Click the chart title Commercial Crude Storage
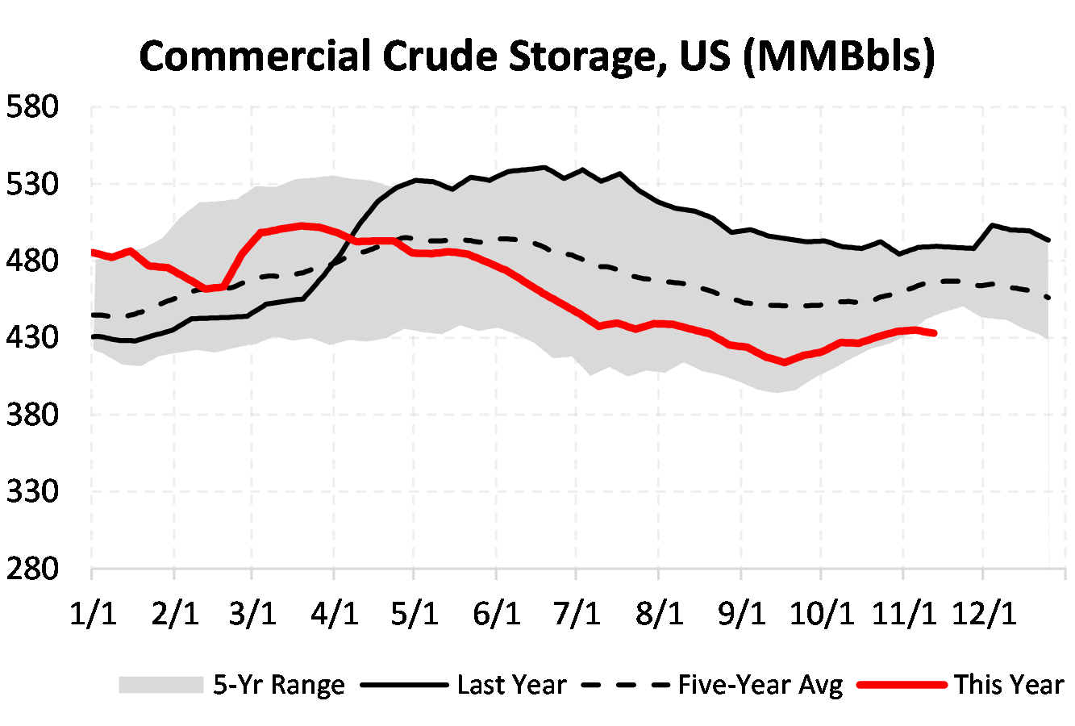click(x=536, y=56)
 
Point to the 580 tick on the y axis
click(x=33, y=106)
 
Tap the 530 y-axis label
click(x=33, y=184)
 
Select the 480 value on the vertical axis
click(x=33, y=261)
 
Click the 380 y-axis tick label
click(x=33, y=415)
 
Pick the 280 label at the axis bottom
click(x=33, y=569)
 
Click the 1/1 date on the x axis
click(x=93, y=614)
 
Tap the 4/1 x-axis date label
click(x=334, y=614)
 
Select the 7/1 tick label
click(x=577, y=614)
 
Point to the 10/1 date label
click(x=820, y=614)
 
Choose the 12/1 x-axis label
click(x=983, y=614)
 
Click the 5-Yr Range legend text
click(x=279, y=685)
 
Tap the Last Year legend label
click(x=511, y=685)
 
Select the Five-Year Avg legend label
click(x=760, y=685)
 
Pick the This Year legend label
click(x=1009, y=685)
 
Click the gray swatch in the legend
click(x=160, y=685)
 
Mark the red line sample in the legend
click(x=901, y=685)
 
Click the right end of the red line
click(x=934, y=332)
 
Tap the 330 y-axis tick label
click(x=33, y=491)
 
